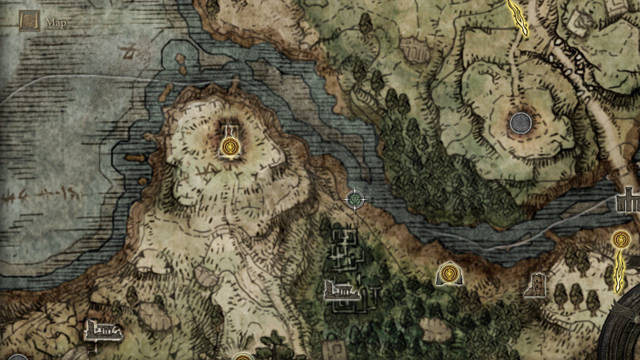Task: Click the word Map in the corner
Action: (55, 22)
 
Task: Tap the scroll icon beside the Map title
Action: (29, 21)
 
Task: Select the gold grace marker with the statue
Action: (229, 146)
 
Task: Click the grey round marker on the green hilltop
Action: (520, 123)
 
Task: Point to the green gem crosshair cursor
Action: (355, 200)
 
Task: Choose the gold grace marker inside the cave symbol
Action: (448, 274)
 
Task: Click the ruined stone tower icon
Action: (536, 285)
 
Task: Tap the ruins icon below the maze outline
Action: (341, 290)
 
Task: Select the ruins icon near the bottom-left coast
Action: (103, 330)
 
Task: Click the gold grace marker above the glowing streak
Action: (621, 239)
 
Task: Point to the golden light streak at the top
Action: (518, 17)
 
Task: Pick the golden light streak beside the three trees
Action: (619, 272)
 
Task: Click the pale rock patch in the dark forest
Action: (435, 329)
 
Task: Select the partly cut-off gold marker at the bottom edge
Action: (242, 357)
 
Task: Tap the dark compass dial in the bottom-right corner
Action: (622, 330)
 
